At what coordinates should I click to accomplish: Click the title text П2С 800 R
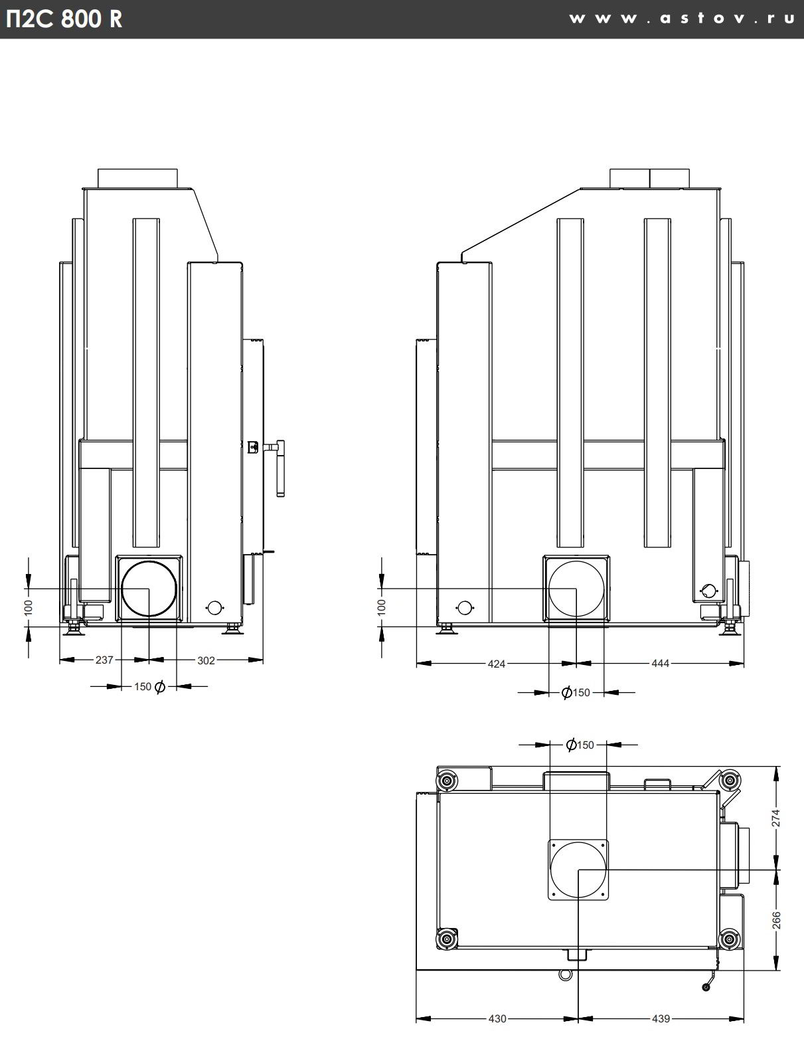[64, 19]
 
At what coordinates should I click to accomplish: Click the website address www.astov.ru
[682, 19]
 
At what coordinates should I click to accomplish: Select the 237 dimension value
[104, 660]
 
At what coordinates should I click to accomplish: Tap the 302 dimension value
[206, 660]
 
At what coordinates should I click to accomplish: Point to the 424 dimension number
[497, 664]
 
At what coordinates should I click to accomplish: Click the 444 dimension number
[661, 664]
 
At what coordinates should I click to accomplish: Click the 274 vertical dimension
[776, 818]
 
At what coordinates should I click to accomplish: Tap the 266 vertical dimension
[776, 920]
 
